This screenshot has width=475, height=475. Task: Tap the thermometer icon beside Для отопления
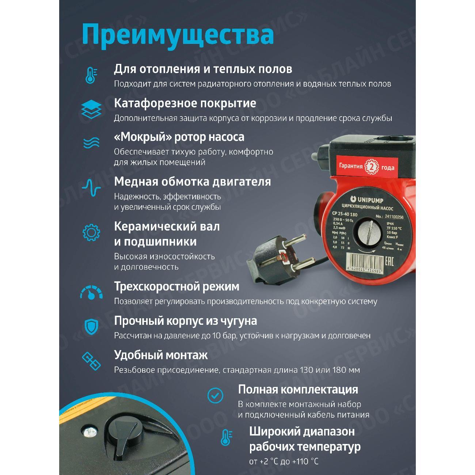(91, 76)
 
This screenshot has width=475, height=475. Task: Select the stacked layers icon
(91, 109)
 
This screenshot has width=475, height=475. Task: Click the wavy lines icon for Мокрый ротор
(91, 142)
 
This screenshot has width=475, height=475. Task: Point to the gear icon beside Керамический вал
(91, 232)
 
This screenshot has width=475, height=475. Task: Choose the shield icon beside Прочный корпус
(91, 327)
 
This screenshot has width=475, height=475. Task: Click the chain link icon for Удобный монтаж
(91, 361)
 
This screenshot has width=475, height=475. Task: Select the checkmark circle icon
(215, 395)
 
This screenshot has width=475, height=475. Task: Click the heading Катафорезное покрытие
(185, 103)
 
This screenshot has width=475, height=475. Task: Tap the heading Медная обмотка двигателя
(192, 182)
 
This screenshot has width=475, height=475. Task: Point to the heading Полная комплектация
(298, 389)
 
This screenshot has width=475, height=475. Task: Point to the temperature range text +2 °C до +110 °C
(284, 461)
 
